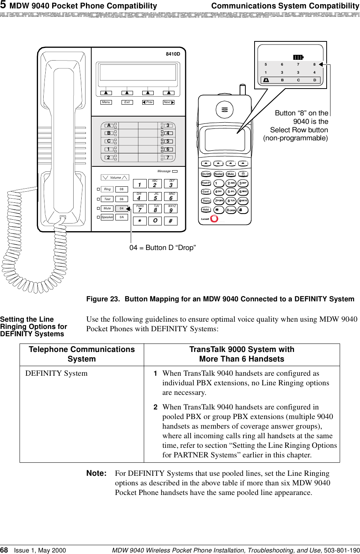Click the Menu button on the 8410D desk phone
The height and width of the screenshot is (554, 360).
[x=106, y=102]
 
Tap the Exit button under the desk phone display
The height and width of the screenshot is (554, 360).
[x=127, y=102]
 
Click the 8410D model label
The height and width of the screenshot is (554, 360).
[x=173, y=54]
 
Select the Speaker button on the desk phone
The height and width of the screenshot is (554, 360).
[x=107, y=217]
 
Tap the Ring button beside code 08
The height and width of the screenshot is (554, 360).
[x=107, y=189]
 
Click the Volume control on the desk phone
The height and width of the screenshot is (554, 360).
[x=115, y=178]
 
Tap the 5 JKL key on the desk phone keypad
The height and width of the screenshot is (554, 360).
[x=155, y=197]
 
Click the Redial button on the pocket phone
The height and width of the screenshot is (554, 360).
[x=219, y=174]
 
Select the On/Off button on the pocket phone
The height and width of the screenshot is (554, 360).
[x=206, y=174]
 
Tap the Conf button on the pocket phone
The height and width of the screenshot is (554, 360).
[x=206, y=192]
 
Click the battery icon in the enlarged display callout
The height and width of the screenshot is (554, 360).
[x=298, y=57]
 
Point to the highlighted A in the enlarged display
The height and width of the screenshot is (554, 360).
[x=266, y=80]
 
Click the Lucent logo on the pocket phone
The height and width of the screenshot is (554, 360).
[x=210, y=219]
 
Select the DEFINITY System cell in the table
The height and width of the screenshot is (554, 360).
[x=56, y=373]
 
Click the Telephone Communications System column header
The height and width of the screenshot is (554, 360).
[x=82, y=354]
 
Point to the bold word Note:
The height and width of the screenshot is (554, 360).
[x=96, y=473]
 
